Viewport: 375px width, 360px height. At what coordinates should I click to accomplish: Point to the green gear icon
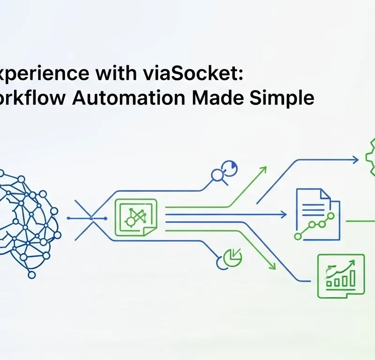(371, 157)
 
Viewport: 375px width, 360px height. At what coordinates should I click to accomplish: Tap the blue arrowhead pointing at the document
(284, 215)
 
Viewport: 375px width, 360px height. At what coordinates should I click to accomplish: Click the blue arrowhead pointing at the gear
(356, 160)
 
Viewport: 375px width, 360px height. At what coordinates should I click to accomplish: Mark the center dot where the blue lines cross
(91, 218)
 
